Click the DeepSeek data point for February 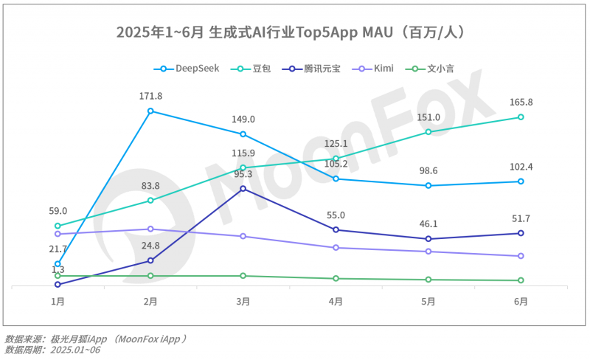(x=150, y=111)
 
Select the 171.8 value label (x=150, y=96)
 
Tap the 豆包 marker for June (x=521, y=117)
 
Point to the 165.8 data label (x=521, y=102)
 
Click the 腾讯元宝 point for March (x=243, y=188)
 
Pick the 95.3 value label (x=243, y=174)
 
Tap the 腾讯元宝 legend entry (x=313, y=69)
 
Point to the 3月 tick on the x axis (x=243, y=301)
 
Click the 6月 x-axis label (x=521, y=301)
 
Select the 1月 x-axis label (x=58, y=301)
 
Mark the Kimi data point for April (x=336, y=248)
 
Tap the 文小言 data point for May (x=428, y=280)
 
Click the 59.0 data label (x=58, y=211)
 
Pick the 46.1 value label (x=428, y=223)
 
